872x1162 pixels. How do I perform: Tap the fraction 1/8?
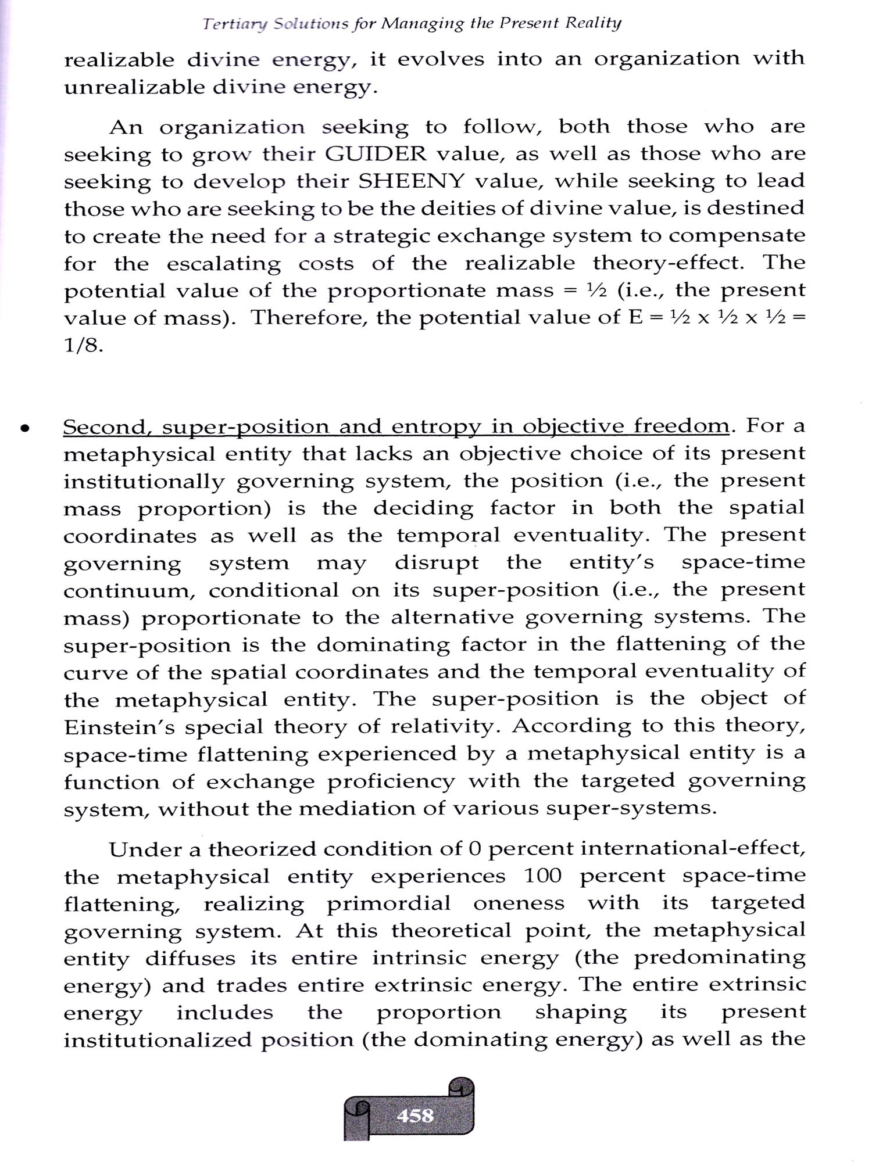click(x=83, y=346)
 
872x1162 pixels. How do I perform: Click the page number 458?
click(x=414, y=1115)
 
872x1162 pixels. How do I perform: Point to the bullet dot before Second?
click(x=24, y=429)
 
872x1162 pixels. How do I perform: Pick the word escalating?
click(x=224, y=264)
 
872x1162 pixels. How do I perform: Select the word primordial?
click(x=388, y=903)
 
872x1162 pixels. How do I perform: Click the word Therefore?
click(x=308, y=318)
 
